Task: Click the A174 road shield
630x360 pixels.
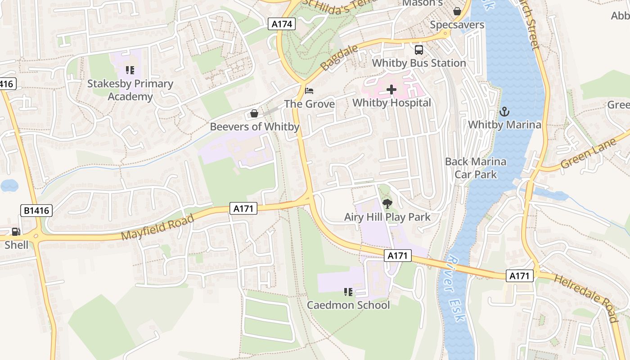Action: tap(282, 24)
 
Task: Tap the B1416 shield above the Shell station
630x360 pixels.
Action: tap(36, 210)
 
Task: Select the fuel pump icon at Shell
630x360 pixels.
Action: tap(16, 232)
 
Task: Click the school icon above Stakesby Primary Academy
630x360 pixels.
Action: tap(130, 70)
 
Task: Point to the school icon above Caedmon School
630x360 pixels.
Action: tap(348, 292)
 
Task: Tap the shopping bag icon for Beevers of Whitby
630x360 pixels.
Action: tap(254, 113)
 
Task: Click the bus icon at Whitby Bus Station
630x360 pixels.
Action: tap(418, 49)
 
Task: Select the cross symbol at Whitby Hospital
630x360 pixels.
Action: tap(391, 90)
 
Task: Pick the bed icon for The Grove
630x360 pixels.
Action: tap(309, 91)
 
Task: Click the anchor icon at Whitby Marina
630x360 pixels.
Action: tap(504, 111)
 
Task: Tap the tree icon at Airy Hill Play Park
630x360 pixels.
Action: tap(387, 204)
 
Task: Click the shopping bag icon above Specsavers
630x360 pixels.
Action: tap(457, 11)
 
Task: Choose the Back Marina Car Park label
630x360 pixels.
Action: tap(476, 168)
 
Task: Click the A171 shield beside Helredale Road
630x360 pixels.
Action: tap(519, 276)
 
